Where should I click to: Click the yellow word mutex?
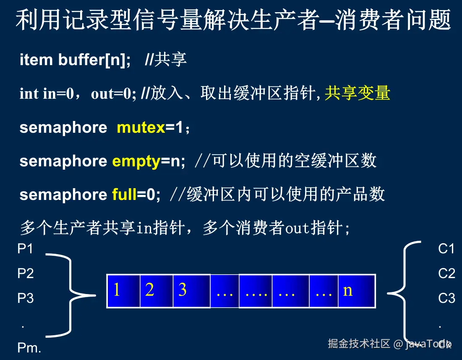click(x=141, y=128)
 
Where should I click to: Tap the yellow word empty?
click(x=136, y=162)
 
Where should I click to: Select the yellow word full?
click(x=124, y=194)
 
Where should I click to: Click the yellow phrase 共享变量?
click(x=358, y=93)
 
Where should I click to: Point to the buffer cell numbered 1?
click(x=123, y=291)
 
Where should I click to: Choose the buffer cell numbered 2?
click(x=157, y=291)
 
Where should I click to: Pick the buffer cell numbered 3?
click(x=192, y=291)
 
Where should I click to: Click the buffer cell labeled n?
click(x=357, y=291)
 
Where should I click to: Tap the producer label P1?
click(x=25, y=249)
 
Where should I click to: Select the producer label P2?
click(x=26, y=273)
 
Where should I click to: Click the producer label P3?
click(x=26, y=298)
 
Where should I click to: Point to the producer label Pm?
click(x=29, y=348)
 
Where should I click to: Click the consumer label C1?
click(x=446, y=249)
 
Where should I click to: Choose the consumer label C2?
click(x=446, y=273)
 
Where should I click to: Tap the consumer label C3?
click(x=446, y=298)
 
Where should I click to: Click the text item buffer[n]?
click(x=75, y=60)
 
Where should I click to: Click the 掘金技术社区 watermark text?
click(x=359, y=344)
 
